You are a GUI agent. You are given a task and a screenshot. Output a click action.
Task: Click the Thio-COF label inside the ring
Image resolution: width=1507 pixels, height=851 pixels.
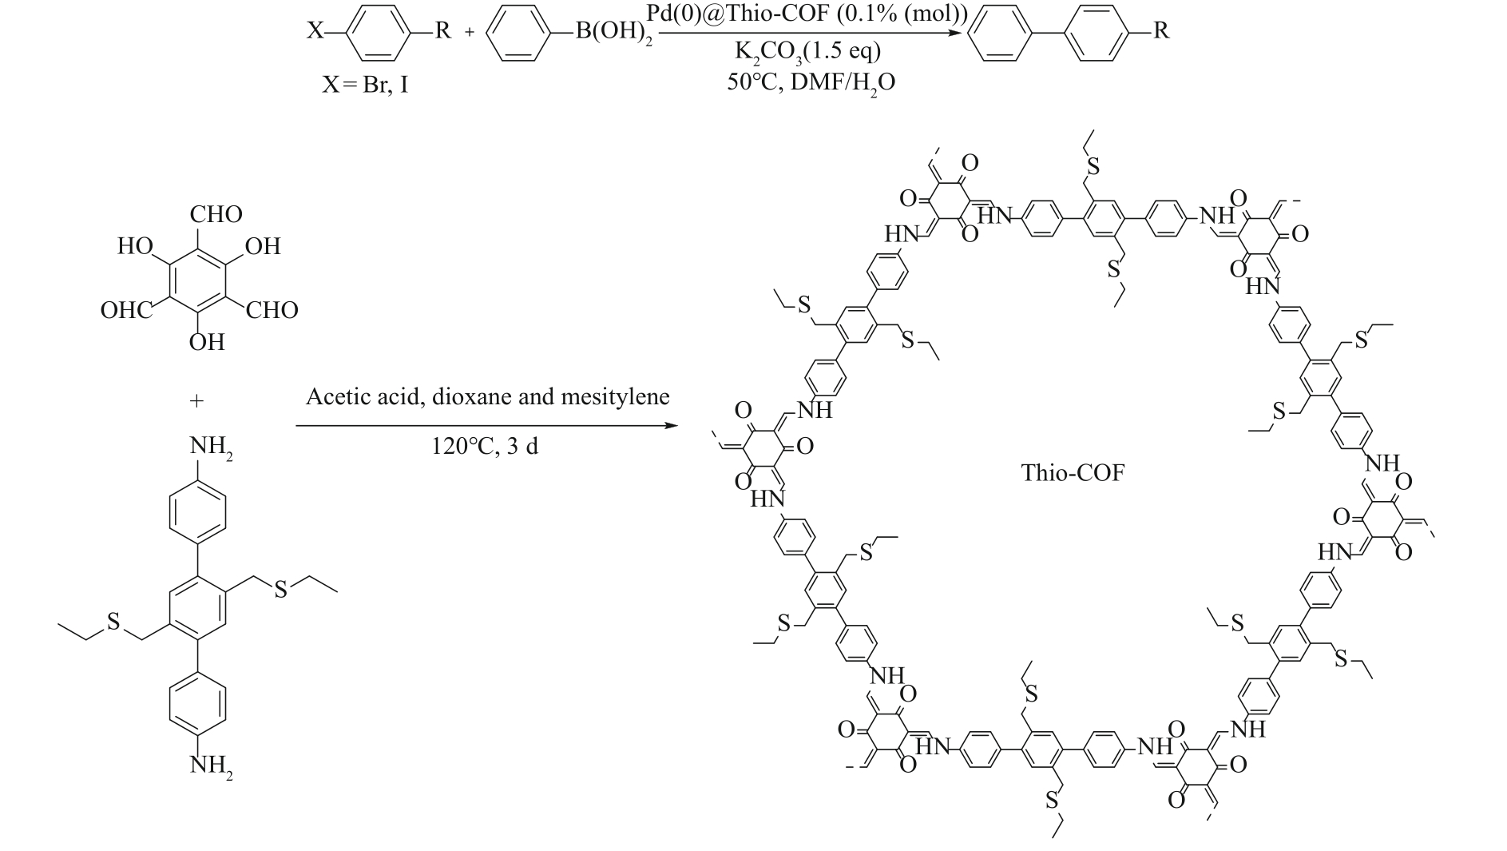click(1072, 473)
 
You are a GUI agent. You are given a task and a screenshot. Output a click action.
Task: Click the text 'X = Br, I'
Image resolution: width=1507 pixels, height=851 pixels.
click(365, 84)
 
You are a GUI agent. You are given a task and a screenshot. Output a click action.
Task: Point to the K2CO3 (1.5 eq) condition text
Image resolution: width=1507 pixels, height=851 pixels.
click(807, 52)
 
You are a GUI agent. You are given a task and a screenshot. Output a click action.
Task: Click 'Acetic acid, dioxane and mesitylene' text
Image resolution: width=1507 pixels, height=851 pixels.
click(487, 396)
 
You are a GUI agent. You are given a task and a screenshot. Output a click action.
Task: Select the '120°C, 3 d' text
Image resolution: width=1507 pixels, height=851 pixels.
click(485, 445)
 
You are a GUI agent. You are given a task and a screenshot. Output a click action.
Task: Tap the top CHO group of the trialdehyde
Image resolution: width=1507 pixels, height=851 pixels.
click(216, 214)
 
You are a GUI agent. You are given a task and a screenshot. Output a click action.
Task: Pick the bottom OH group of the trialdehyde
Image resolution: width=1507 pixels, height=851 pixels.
click(207, 342)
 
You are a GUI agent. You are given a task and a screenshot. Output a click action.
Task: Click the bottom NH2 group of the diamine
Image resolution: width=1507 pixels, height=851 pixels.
click(211, 766)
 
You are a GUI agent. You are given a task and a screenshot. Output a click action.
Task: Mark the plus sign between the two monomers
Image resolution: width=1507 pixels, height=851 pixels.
click(196, 400)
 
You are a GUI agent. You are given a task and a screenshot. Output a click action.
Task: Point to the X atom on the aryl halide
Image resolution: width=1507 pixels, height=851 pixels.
click(315, 32)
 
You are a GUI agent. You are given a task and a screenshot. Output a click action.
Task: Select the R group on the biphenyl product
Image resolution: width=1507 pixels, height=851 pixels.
click(1161, 32)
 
